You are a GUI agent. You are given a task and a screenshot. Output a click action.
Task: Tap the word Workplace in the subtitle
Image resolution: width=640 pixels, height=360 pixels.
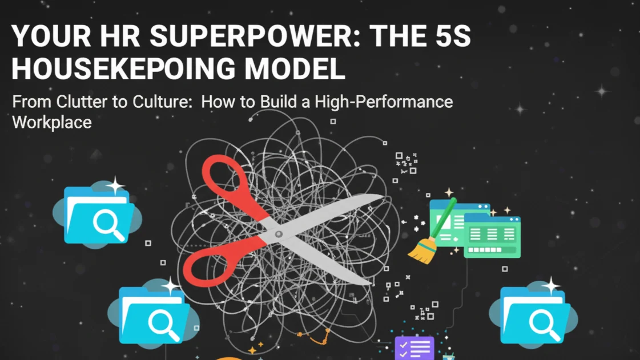52,122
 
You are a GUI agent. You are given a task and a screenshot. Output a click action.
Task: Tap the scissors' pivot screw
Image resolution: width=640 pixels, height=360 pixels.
279,234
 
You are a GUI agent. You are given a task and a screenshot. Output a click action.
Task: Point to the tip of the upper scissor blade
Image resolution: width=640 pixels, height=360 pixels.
381,198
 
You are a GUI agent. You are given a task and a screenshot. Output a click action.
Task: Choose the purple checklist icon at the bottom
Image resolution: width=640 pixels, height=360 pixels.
414,348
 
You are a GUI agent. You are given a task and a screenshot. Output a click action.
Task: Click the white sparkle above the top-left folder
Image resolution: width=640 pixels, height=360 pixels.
115,185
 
